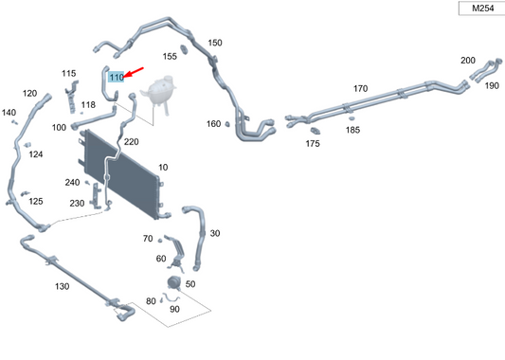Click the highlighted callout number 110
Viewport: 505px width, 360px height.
point(117,77)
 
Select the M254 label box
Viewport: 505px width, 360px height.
point(474,9)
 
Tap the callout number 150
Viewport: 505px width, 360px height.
point(215,44)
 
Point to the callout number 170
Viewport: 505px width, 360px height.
point(360,88)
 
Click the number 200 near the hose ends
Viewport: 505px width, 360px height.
point(468,61)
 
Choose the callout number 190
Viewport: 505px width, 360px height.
point(492,85)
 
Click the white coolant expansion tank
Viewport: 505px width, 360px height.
point(156,95)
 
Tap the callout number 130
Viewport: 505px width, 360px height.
point(62,285)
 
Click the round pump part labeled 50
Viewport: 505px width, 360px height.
point(174,284)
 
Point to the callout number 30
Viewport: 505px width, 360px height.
point(215,233)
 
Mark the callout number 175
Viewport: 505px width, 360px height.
point(313,144)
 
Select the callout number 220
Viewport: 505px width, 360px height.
point(131,141)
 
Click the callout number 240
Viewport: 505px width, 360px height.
point(73,182)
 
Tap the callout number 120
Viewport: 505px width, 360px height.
point(29,93)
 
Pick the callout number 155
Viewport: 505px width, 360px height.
point(169,56)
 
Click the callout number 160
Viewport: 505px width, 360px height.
point(213,124)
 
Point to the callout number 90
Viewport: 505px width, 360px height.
point(174,309)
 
